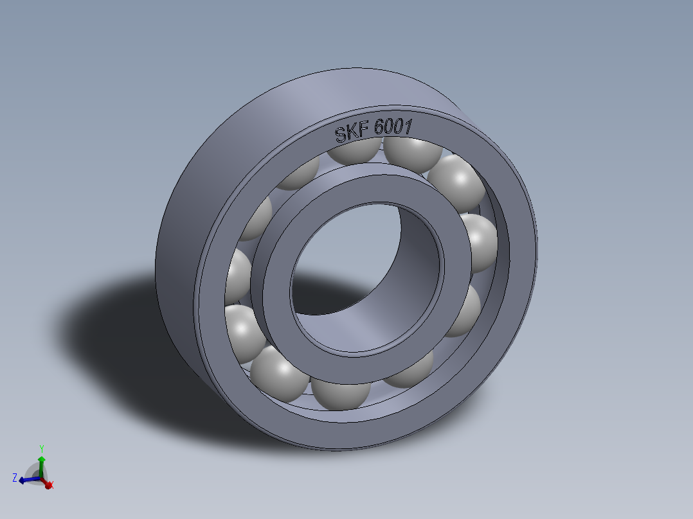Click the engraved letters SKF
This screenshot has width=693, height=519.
(352, 132)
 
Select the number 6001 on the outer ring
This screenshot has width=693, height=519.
(393, 127)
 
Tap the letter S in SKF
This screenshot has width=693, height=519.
(341, 134)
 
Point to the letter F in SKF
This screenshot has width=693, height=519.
(363, 131)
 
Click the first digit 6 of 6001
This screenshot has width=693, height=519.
(379, 128)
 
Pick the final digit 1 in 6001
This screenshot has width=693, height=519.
(408, 126)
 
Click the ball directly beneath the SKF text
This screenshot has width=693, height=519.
(355, 152)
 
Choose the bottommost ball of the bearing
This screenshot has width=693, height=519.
(341, 393)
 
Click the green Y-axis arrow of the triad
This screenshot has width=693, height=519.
(41, 464)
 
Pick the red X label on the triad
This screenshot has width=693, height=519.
(51, 485)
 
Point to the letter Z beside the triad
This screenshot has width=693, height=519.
(15, 477)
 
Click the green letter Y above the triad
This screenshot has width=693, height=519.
(41, 448)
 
